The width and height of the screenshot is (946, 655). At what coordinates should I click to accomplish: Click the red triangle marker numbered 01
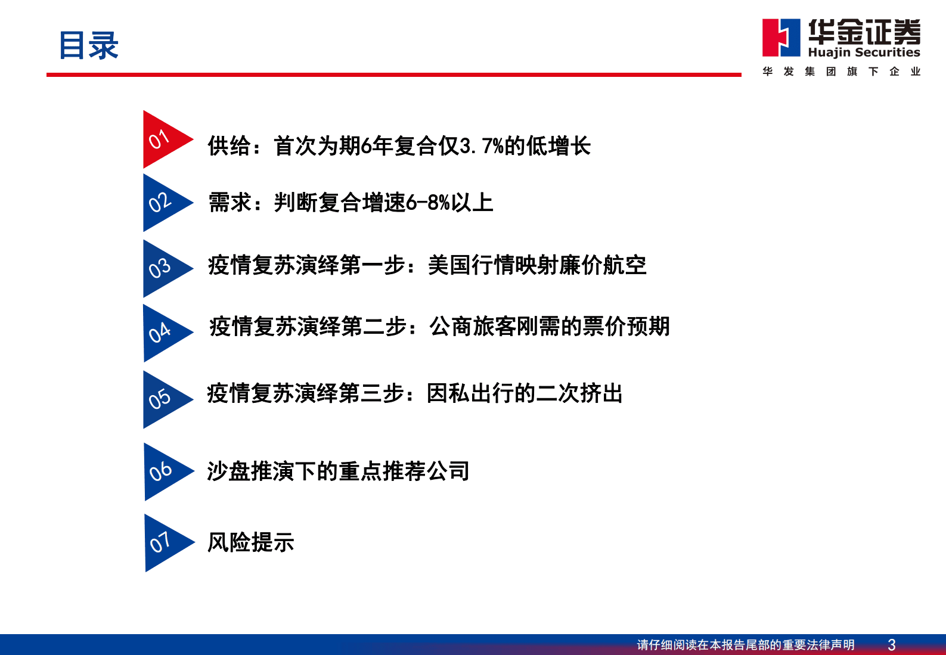(x=162, y=140)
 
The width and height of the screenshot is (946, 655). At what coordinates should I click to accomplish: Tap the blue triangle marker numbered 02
(x=162, y=203)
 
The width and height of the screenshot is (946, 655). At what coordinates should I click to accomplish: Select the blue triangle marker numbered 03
(x=162, y=268)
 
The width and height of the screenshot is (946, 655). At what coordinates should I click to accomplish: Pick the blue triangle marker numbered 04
(x=162, y=333)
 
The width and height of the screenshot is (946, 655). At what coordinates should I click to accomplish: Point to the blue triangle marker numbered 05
(x=162, y=399)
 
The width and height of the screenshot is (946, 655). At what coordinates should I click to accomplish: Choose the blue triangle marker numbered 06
(x=163, y=471)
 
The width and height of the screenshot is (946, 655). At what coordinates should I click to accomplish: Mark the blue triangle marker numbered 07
(x=164, y=543)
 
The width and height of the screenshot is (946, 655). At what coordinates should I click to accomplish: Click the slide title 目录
(x=89, y=45)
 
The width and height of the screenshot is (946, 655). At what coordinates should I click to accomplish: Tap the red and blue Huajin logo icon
(x=781, y=38)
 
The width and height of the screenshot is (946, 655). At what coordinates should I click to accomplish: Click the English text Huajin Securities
(x=864, y=52)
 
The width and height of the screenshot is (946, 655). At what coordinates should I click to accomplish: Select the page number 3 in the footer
(x=891, y=645)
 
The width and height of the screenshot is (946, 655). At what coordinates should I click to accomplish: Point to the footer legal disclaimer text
(x=745, y=645)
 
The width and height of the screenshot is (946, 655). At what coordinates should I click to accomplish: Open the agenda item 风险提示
(x=250, y=542)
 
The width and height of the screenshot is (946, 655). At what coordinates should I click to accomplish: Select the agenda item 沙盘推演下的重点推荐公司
(x=338, y=471)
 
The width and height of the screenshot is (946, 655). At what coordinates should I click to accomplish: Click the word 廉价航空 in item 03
(x=603, y=265)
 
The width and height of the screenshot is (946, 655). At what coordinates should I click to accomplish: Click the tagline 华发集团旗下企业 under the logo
(x=841, y=72)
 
